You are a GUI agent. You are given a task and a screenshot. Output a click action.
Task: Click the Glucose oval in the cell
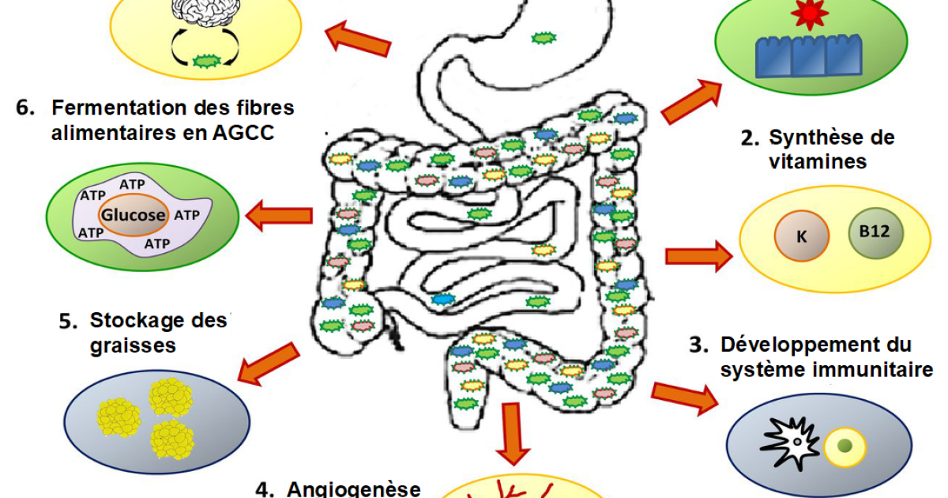coord(133,214)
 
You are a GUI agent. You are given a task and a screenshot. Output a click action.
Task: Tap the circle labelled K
coord(801,235)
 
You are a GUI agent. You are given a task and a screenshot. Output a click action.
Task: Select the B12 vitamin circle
coord(875,232)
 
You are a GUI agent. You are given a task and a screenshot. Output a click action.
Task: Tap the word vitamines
coord(818,161)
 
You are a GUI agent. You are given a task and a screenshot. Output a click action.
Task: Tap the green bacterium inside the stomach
coord(541,37)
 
